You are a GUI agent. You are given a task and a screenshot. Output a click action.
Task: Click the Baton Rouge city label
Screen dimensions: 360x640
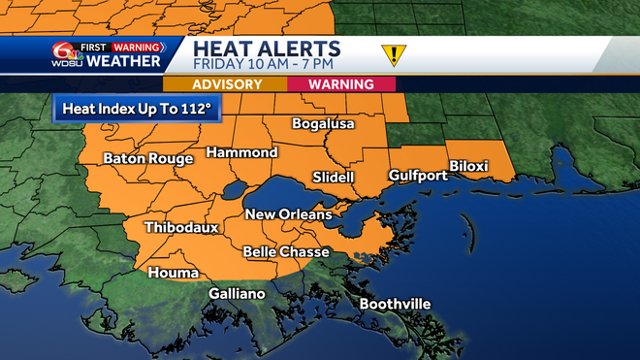148,158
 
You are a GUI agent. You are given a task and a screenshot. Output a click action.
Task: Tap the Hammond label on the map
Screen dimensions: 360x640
242,153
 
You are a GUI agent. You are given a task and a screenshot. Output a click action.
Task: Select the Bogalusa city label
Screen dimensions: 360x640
324,124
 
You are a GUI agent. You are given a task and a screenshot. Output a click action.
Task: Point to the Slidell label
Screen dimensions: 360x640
334,178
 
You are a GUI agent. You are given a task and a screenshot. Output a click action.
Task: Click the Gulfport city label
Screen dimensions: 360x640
418,176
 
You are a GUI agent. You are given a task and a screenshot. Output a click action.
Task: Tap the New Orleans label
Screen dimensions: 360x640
288,214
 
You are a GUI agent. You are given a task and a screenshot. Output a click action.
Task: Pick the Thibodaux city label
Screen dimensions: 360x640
180,228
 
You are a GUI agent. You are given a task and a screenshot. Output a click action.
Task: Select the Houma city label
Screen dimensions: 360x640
174,274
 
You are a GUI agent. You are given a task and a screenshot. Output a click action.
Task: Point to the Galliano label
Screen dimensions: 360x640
238,294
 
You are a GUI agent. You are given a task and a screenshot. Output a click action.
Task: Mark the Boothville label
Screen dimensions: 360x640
395,305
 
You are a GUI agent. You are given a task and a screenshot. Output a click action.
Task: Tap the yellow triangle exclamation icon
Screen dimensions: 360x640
394,54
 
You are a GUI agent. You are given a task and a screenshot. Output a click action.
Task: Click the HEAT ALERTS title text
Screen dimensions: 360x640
266,49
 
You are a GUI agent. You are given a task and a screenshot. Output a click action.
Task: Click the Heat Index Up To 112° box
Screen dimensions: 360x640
137,108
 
